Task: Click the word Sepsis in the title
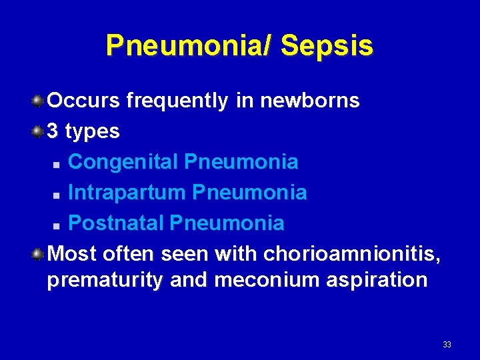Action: point(327,45)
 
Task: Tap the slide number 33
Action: point(447,345)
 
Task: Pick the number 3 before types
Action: point(53,131)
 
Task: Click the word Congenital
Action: point(124,162)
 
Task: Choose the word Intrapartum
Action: point(127,193)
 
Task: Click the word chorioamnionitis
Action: point(352,254)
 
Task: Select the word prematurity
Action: point(105,280)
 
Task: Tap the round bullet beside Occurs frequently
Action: point(39,101)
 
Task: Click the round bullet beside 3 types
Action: point(39,131)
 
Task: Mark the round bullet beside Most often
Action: point(39,253)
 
